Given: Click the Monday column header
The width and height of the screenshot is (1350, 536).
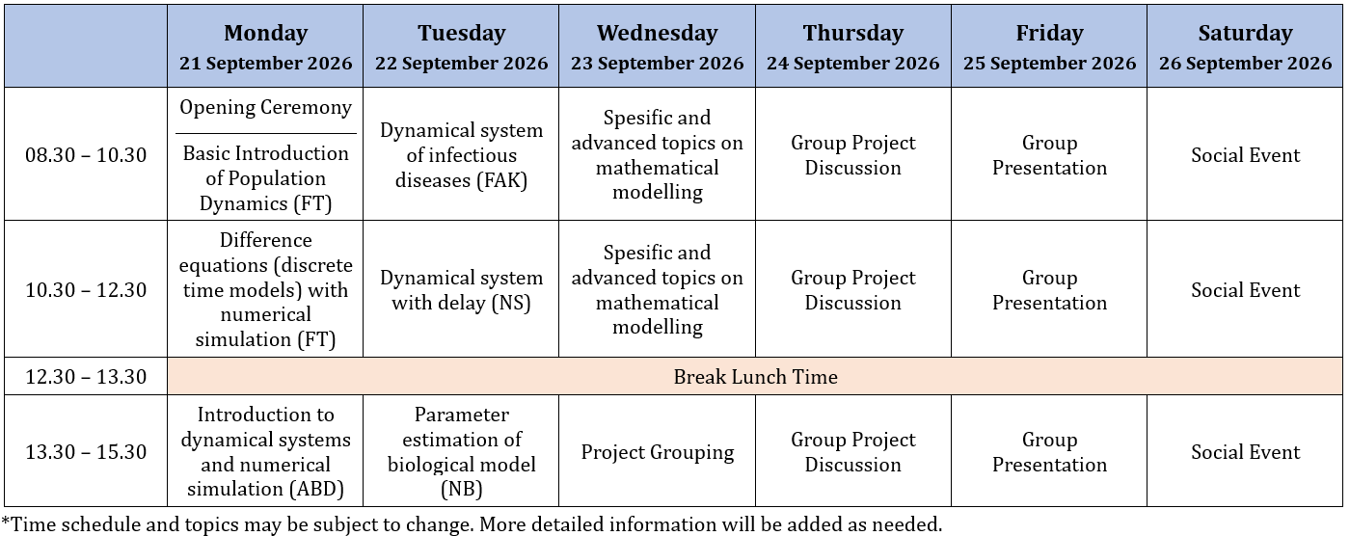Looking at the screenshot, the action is (266, 33).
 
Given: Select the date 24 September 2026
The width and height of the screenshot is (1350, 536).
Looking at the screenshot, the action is (852, 64).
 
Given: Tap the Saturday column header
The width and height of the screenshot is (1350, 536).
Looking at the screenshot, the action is (1245, 33).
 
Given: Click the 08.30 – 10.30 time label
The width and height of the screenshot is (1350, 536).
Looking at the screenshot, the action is (86, 155).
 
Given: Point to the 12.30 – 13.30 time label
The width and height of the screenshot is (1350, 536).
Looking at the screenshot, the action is (86, 376).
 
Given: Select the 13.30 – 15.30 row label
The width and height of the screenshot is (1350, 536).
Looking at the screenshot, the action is (86, 452).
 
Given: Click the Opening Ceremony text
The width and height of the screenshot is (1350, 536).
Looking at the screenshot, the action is (266, 107).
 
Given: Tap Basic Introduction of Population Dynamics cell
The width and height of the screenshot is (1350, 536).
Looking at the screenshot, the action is (266, 178).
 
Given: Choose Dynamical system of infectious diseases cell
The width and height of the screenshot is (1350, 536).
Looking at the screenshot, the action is (461, 155).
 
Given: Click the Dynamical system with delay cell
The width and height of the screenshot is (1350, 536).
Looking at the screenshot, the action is (461, 289).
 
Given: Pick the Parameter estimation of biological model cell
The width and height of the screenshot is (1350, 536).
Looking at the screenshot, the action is (461, 452).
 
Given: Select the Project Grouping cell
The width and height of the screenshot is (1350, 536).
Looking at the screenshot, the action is (657, 452).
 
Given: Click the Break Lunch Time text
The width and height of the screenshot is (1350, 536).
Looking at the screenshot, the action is (755, 376).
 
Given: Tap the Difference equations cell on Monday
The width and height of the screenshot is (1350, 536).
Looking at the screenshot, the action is (266, 289).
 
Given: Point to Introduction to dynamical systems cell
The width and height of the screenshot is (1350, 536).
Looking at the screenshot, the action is (266, 452).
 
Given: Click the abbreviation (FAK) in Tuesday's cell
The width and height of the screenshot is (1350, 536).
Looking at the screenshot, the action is (501, 180).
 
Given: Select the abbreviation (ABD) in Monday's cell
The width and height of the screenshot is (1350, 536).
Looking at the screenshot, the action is (316, 489).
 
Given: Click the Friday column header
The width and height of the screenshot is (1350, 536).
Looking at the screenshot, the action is (1049, 33).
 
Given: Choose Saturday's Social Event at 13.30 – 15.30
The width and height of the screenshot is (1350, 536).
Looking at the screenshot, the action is (1245, 452).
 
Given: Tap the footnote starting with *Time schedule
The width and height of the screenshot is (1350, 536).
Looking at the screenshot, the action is (472, 524).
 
